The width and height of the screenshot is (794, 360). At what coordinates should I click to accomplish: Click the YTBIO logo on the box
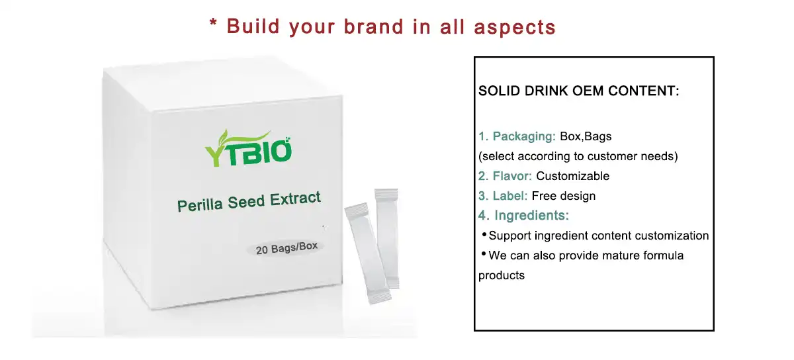click(x=247, y=148)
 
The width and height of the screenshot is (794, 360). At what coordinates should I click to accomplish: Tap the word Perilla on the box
click(x=200, y=204)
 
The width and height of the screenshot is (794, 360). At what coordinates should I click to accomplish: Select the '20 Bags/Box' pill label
click(x=287, y=247)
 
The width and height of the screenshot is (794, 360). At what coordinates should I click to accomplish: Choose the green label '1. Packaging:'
click(x=517, y=137)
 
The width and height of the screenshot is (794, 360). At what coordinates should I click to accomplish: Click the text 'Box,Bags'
click(x=586, y=137)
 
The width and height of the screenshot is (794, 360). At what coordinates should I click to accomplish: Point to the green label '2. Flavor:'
click(x=506, y=176)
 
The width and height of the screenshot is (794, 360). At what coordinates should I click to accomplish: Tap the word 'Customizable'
click(x=572, y=176)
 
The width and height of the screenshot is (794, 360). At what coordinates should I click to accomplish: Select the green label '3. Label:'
click(x=503, y=196)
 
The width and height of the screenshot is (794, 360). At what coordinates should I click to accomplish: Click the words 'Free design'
click(x=564, y=196)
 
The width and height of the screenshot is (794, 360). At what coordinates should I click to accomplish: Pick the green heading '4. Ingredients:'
click(x=524, y=216)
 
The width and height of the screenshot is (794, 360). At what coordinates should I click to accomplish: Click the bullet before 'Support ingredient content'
click(x=484, y=235)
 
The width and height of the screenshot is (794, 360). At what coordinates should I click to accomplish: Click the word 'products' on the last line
click(x=502, y=275)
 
